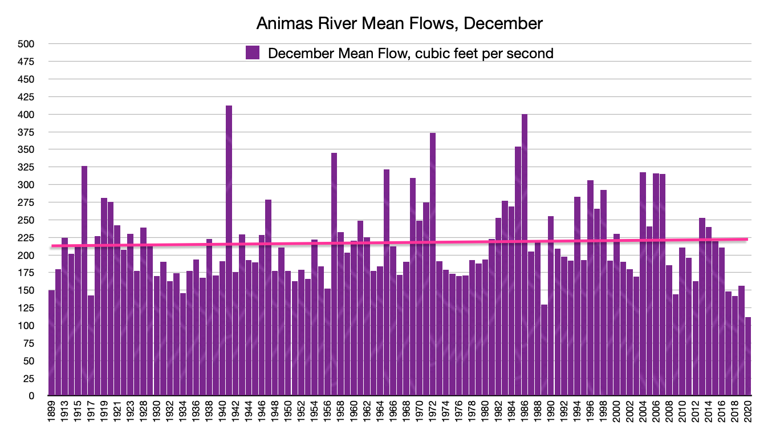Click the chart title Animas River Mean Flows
point(399,23)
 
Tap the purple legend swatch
point(253,53)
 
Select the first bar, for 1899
point(52,342)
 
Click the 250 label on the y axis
point(27,220)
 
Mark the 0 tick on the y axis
point(32,396)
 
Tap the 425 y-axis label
point(27,97)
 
